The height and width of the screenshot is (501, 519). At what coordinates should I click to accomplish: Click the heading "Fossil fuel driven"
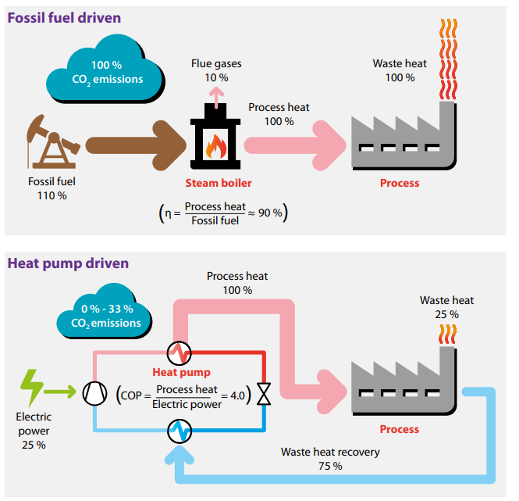coord(64,18)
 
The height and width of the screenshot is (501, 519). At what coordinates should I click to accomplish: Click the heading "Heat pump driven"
coord(68,263)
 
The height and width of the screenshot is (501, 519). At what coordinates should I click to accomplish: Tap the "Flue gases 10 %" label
coord(216,70)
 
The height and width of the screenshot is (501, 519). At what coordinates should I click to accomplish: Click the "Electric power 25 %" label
coord(33,431)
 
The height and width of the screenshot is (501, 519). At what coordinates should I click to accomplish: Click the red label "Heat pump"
coord(181,372)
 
